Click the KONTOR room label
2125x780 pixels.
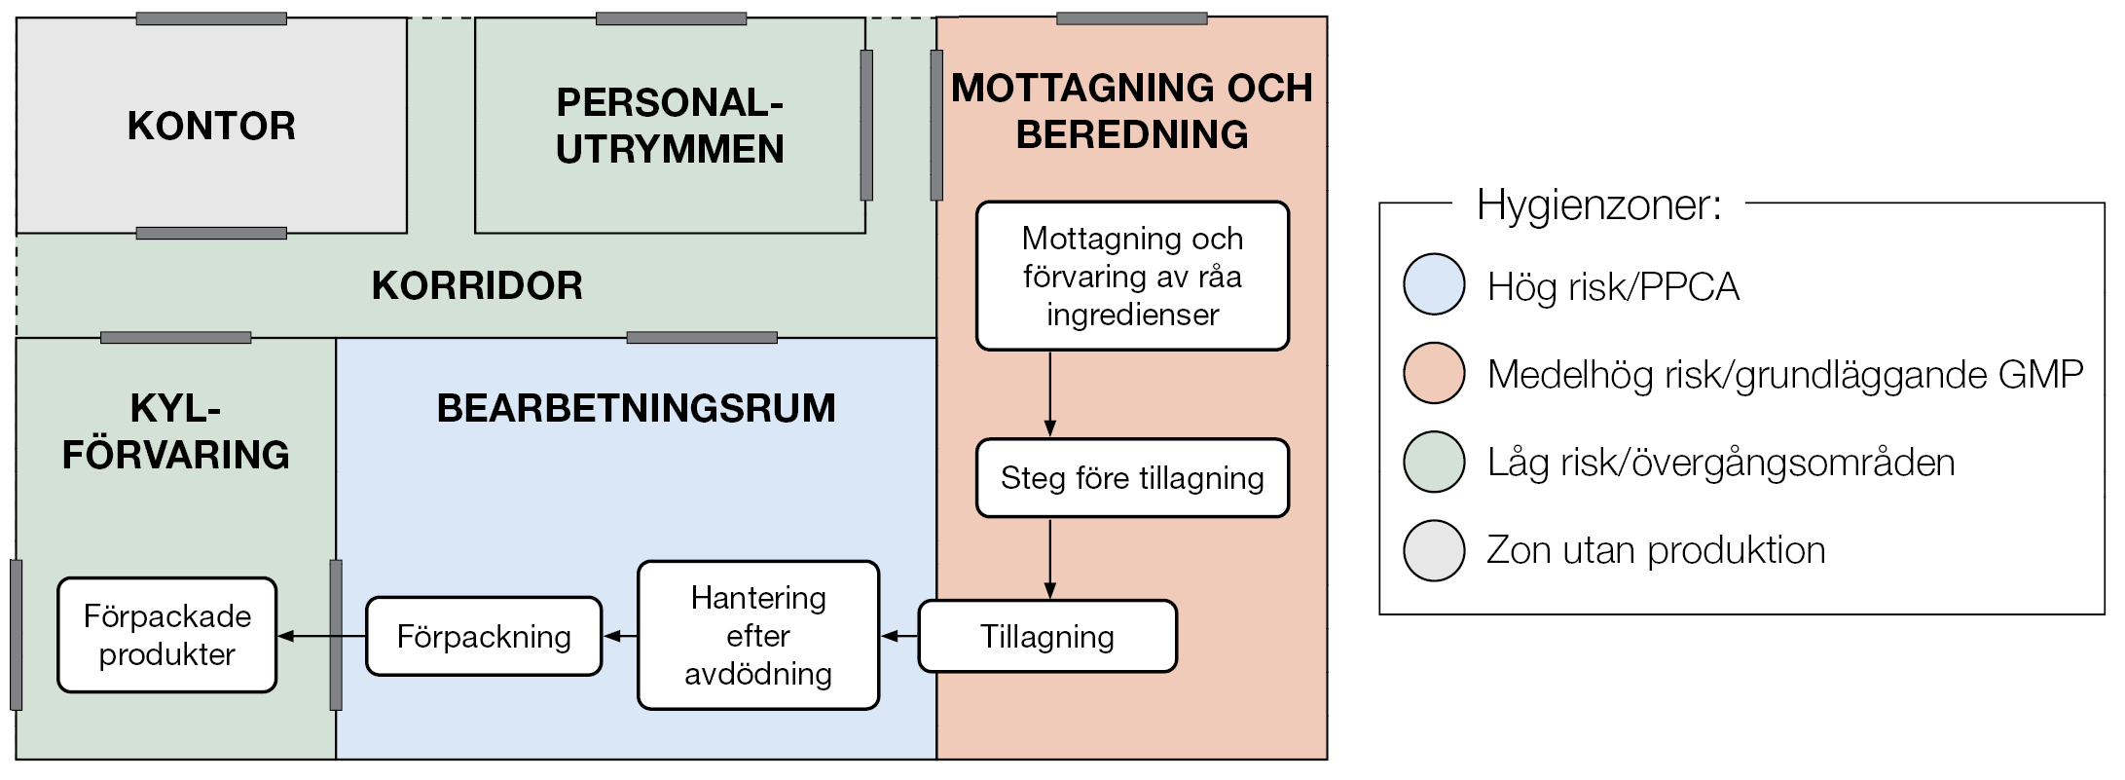point(211,126)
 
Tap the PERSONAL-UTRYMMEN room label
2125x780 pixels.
point(670,126)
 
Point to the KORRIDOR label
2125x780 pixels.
point(477,285)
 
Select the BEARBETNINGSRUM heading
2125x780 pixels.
point(636,408)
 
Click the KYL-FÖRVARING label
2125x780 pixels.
point(175,431)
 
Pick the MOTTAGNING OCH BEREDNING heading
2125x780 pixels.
point(1131,111)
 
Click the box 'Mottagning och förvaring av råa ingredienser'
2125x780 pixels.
point(1132,276)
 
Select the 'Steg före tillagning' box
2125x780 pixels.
point(1132,478)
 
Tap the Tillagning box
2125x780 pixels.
point(1047,636)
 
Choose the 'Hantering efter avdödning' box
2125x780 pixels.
point(758,635)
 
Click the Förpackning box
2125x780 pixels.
point(484,636)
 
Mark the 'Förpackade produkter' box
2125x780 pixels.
point(167,635)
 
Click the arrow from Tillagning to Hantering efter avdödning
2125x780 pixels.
point(899,636)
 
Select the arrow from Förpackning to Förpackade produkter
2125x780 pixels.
point(321,636)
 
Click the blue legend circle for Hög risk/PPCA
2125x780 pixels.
point(1434,284)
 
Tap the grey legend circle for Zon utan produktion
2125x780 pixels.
point(1434,550)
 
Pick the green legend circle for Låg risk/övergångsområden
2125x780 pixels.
point(1434,462)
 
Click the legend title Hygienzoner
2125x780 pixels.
point(1598,204)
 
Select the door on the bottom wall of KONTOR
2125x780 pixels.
point(211,233)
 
